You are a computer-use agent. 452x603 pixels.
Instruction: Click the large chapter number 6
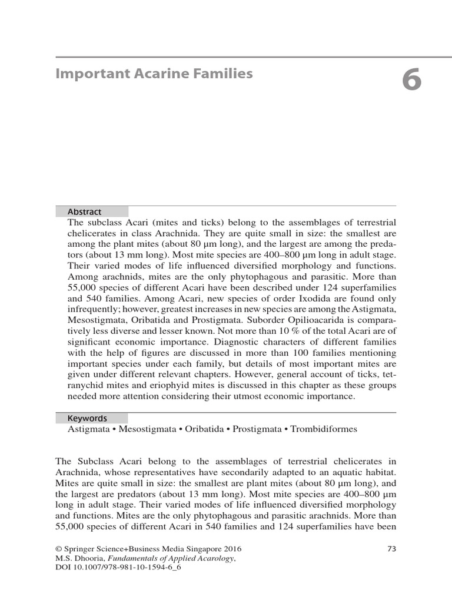click(x=411, y=80)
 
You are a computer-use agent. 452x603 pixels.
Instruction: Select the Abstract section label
click(x=84, y=211)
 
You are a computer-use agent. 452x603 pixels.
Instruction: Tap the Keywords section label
click(x=87, y=418)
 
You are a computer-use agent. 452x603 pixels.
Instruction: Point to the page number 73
click(x=391, y=548)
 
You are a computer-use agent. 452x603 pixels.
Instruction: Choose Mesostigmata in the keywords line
click(x=147, y=429)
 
